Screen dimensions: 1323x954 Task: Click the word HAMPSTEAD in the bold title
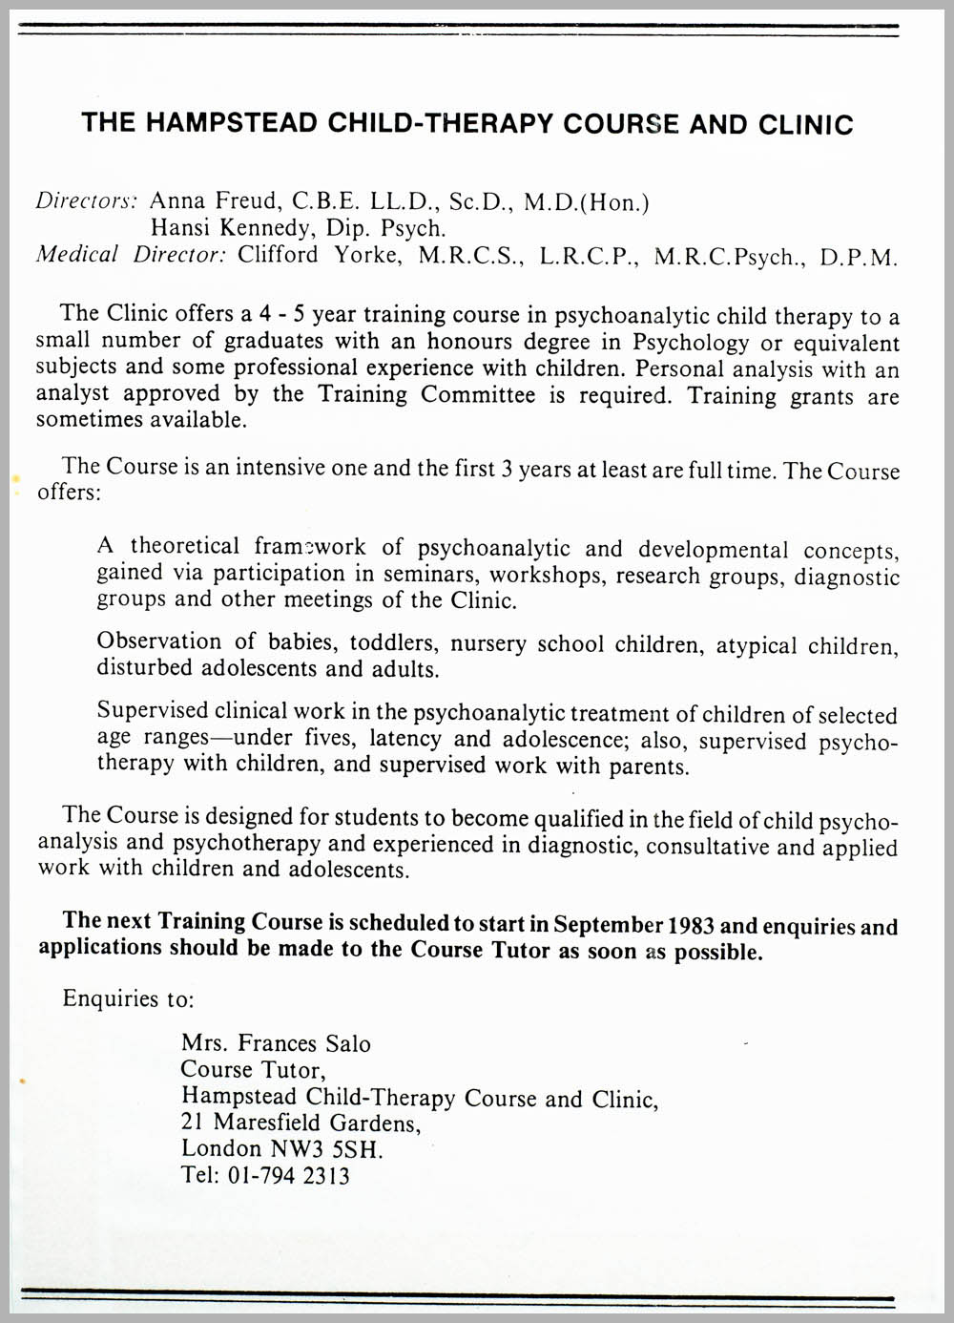pos(234,123)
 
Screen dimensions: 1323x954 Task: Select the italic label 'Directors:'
pos(87,200)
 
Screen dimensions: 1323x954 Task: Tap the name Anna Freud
pos(214,200)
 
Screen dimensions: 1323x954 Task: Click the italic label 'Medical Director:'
pos(130,255)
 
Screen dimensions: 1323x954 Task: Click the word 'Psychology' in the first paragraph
pos(691,342)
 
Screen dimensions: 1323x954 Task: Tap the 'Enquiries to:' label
pos(128,998)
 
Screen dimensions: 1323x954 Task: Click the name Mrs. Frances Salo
pos(276,1043)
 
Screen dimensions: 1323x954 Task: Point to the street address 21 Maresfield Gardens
pos(301,1123)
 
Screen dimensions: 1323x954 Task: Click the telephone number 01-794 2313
pos(288,1175)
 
